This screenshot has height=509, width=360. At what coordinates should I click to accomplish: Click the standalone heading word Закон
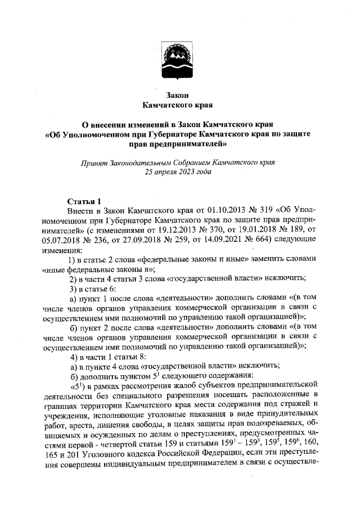click(x=179, y=94)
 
